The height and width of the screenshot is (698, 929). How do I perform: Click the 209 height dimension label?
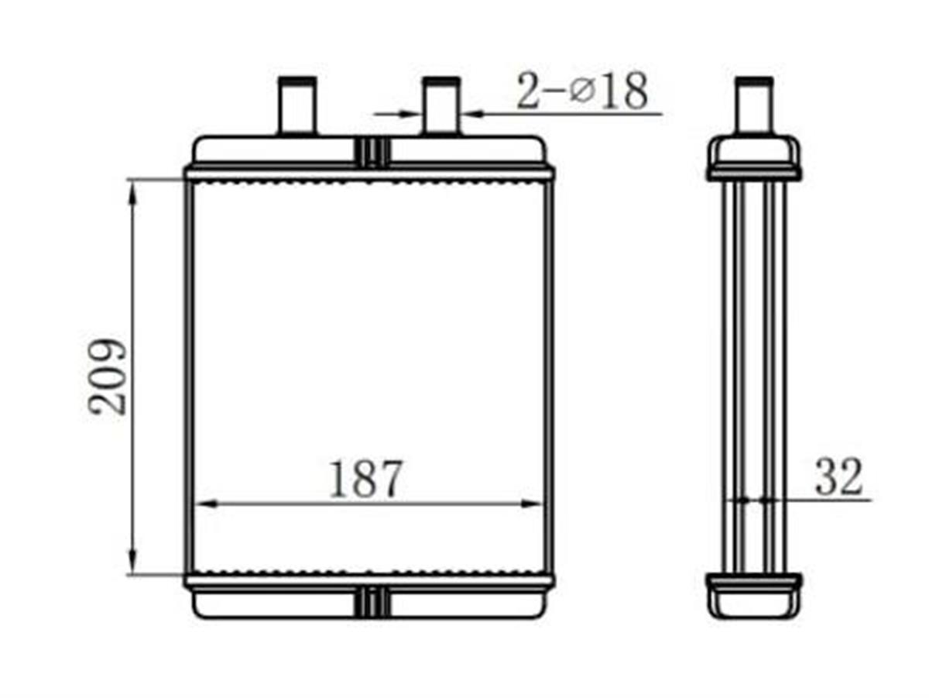107,378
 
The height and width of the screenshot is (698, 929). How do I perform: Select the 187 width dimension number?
365,479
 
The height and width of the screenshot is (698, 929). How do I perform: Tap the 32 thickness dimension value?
838,476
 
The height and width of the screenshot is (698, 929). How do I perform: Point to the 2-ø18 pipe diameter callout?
582,91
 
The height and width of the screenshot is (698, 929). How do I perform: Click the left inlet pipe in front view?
297,105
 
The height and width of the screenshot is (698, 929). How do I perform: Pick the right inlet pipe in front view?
441,105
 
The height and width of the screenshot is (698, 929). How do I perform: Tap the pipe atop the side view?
754,105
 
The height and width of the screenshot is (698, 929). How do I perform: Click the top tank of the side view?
754,157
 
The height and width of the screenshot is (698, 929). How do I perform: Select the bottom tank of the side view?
754,596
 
